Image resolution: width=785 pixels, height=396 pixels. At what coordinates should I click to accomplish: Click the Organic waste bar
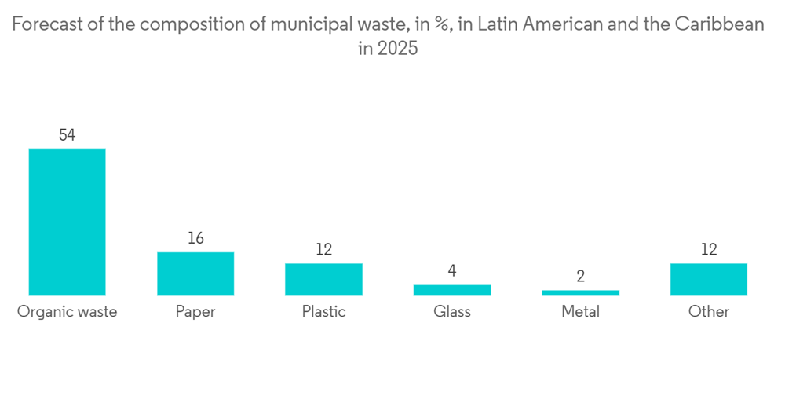tap(67, 222)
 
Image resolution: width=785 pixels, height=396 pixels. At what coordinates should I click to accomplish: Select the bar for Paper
tap(195, 273)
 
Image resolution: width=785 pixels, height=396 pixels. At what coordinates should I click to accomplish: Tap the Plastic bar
tap(323, 279)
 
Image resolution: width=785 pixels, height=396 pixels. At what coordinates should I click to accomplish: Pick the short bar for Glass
tap(452, 290)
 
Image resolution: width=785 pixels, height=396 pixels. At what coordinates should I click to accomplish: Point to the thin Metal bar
tap(580, 293)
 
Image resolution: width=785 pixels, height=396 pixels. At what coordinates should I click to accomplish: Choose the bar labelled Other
tap(709, 279)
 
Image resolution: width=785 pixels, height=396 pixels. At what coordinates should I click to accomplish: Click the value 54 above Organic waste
tap(67, 135)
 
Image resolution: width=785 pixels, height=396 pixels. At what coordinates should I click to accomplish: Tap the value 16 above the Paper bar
tap(195, 238)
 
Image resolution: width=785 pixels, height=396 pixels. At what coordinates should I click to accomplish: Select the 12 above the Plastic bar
tap(323, 250)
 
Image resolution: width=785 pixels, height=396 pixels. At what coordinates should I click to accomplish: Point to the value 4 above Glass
tap(452, 271)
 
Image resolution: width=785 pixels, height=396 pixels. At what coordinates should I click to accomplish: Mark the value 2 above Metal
tap(580, 277)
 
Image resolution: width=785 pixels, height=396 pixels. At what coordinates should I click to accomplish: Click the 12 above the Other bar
tap(709, 250)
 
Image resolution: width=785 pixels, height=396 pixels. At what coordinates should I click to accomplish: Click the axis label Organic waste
tap(67, 312)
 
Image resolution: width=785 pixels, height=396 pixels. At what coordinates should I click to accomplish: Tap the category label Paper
tap(195, 312)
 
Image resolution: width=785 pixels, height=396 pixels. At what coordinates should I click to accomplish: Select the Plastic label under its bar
tap(323, 312)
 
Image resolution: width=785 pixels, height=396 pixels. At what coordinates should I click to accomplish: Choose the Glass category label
tap(452, 312)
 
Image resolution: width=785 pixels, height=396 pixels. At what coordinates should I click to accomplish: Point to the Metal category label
tap(580, 312)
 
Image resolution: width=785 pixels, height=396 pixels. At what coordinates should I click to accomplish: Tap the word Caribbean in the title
tap(718, 25)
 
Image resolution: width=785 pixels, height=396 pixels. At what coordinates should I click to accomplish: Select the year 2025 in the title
tap(399, 49)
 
